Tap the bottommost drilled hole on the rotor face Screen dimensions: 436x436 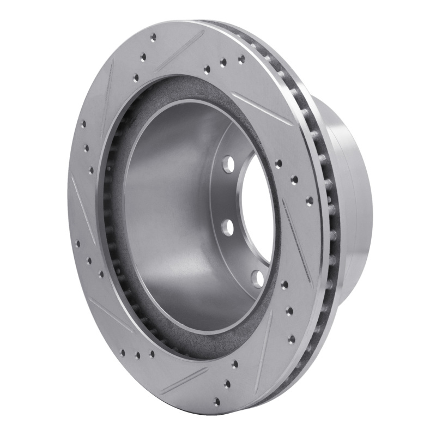point(217,402)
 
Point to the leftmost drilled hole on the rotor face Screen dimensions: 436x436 point(77,244)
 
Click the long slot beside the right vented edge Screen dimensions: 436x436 point(297,240)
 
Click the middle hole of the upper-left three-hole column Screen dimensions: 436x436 point(87,147)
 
